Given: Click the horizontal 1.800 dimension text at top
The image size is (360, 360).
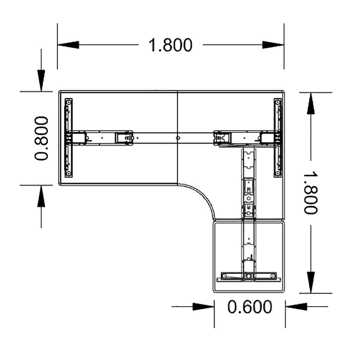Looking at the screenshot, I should point(170,45).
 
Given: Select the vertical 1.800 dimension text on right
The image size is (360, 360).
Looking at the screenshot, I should point(311,193).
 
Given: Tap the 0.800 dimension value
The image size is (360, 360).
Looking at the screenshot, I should point(41,138).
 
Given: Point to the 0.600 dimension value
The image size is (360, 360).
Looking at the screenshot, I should point(249,307).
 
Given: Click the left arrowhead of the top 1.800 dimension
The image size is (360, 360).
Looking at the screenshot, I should point(69,45).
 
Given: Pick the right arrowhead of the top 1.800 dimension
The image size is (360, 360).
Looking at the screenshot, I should point(273,45).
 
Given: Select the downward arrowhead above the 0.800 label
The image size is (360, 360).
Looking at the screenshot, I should point(41,80).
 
